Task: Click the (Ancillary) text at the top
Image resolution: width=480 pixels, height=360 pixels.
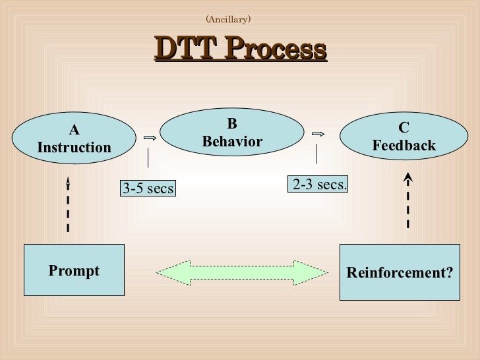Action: [228, 19]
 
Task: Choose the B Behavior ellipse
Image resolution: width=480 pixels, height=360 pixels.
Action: [231, 133]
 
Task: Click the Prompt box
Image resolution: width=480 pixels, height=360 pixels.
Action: [74, 270]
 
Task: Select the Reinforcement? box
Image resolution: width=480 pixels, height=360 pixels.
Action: [400, 272]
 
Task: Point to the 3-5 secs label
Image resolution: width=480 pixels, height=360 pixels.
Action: [148, 189]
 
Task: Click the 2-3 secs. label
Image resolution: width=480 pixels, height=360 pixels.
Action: [319, 185]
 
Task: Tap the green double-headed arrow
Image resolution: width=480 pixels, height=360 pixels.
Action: [241, 272]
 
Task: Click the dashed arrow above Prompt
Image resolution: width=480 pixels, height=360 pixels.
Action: [68, 204]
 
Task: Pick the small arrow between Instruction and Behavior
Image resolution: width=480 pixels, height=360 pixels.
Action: [149, 138]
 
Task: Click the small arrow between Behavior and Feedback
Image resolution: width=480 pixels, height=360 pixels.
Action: [318, 134]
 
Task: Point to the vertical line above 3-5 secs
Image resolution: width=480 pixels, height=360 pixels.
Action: [148, 158]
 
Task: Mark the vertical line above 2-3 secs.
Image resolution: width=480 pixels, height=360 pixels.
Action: [316, 154]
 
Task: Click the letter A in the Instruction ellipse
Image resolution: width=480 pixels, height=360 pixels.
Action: [74, 131]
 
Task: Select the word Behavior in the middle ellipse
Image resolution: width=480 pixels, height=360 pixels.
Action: [231, 141]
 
